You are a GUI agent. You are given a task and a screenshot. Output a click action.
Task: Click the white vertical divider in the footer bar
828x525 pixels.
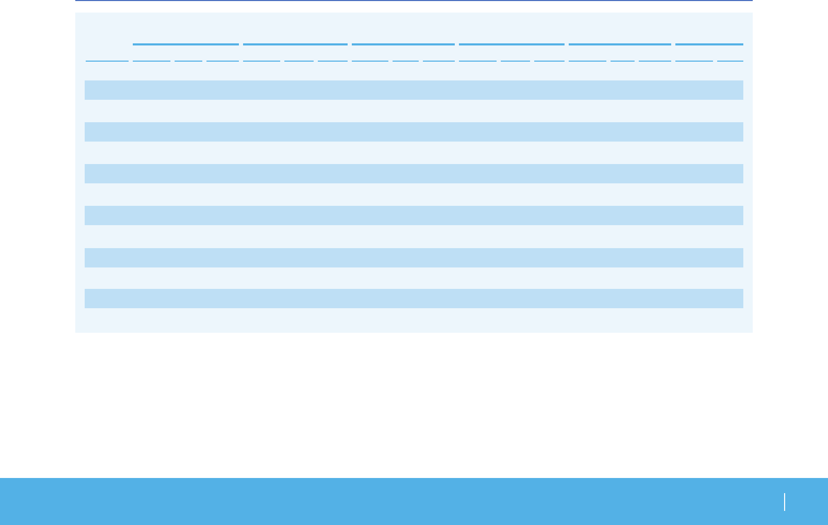point(785,502)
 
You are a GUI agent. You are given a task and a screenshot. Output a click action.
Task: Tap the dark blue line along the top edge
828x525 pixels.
point(413,1)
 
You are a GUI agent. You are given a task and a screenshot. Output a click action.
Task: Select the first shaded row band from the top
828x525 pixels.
point(413,90)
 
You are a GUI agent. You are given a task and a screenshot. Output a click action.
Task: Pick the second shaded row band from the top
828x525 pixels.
point(413,132)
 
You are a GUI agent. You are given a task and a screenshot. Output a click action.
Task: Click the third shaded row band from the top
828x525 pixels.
point(413,173)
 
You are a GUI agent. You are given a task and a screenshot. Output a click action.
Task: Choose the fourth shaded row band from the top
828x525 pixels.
point(413,215)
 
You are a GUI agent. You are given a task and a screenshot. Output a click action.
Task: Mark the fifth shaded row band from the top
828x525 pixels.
point(413,258)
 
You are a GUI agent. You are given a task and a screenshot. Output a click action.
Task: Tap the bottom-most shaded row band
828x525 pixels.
point(413,298)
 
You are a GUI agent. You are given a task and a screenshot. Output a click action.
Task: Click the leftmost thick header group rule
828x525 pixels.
point(186,44)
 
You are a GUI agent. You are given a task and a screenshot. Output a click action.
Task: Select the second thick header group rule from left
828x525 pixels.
point(295,44)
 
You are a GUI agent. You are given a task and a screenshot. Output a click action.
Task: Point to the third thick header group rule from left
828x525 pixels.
point(403,44)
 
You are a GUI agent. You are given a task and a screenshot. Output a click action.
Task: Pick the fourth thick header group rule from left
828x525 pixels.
point(512,44)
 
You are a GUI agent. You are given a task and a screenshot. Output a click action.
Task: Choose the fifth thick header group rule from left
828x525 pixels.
point(620,44)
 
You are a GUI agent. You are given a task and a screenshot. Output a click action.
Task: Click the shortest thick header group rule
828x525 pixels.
point(709,44)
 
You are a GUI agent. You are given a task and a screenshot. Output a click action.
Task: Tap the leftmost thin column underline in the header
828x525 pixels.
point(107,61)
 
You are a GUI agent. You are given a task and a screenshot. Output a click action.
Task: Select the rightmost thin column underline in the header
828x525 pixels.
point(730,61)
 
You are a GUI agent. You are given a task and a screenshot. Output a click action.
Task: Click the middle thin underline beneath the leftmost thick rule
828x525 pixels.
point(188,61)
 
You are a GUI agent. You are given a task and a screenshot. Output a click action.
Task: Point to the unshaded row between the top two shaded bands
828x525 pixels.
point(413,111)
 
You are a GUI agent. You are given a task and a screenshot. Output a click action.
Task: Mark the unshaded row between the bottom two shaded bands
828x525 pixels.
point(413,278)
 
